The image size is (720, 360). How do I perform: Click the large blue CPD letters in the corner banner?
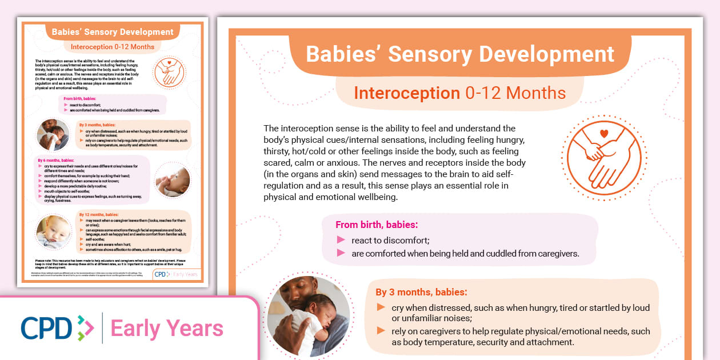[47, 328]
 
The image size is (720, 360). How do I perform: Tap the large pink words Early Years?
[167, 329]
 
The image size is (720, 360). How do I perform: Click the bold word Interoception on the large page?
[407, 93]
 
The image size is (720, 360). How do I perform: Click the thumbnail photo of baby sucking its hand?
[173, 179]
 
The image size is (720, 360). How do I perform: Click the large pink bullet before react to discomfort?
[341, 240]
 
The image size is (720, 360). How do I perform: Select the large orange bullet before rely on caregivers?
[381, 331]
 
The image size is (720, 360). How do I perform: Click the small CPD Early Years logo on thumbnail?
[177, 274]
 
